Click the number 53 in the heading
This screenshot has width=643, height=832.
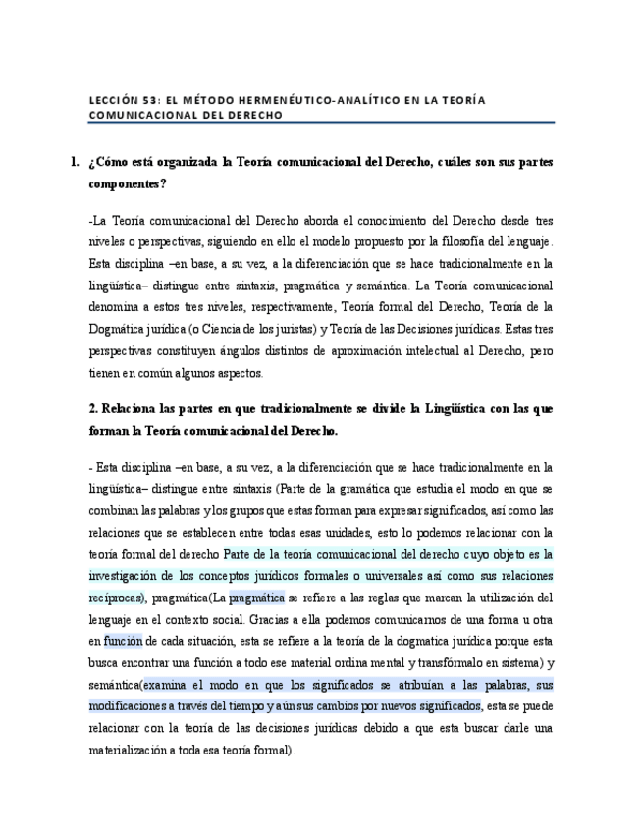[x=147, y=99]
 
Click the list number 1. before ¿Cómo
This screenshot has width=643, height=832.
[x=76, y=163]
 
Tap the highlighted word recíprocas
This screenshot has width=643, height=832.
[x=116, y=598]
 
